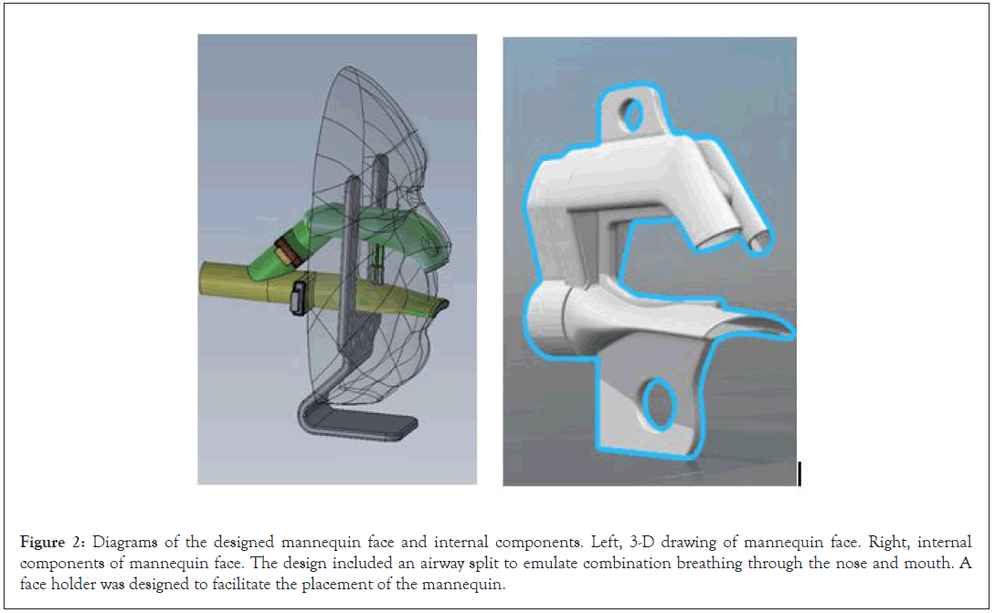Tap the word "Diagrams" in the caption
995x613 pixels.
point(125,543)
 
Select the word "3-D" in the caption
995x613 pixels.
point(641,543)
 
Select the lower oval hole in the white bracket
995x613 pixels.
point(659,404)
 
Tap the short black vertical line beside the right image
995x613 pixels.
point(799,474)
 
